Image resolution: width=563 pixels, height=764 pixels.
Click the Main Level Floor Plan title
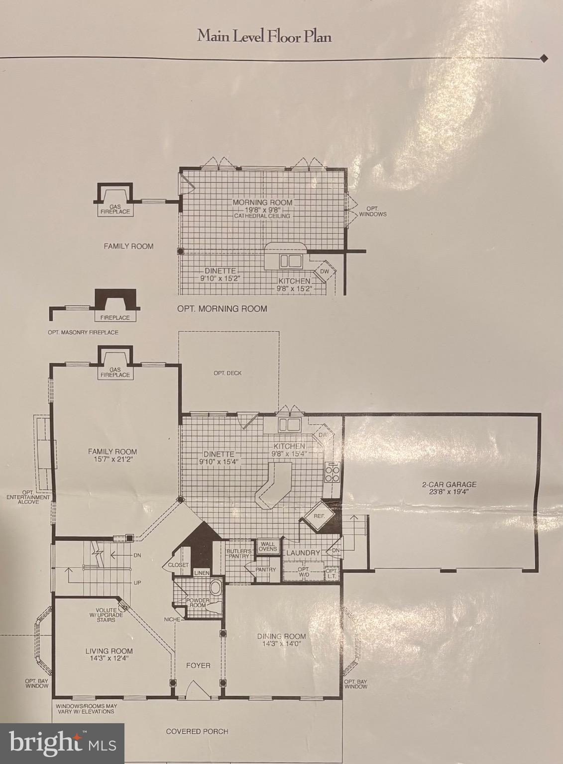[x=264, y=36]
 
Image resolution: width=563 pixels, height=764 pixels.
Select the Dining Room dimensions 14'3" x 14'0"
[x=281, y=643]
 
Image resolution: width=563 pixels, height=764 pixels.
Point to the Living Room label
[x=109, y=651]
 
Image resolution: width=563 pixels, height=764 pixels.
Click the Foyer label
[x=198, y=665]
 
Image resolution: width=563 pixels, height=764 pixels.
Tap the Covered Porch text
[x=197, y=731]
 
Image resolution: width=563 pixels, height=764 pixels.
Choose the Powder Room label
[x=198, y=602]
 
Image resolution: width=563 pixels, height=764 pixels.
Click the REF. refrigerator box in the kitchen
[x=319, y=516]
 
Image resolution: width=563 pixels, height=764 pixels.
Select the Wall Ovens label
[x=268, y=546]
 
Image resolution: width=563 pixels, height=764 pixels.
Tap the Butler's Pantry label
[x=239, y=554]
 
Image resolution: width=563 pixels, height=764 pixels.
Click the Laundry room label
[x=303, y=553]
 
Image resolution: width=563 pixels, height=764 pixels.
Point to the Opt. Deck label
[x=227, y=373]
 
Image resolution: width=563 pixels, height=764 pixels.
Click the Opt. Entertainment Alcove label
[x=28, y=499]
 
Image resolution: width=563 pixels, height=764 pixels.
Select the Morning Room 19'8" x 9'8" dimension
[x=262, y=209]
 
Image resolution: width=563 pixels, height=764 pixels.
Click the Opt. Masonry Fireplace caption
[x=83, y=332]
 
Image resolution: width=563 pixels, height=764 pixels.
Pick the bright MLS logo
[x=62, y=743]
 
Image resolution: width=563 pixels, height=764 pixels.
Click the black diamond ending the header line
[x=544, y=58]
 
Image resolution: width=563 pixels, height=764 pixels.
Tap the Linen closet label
[x=202, y=573]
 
